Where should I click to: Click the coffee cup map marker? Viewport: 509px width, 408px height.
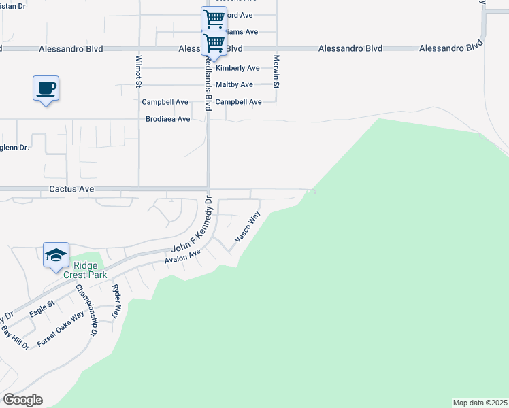click(46, 89)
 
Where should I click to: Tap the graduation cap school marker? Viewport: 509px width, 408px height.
click(56, 256)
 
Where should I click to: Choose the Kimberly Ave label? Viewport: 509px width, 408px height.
click(237, 68)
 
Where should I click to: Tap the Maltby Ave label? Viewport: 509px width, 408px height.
click(234, 84)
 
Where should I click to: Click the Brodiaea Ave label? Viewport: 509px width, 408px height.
click(168, 119)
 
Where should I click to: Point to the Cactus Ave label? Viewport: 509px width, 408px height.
click(71, 188)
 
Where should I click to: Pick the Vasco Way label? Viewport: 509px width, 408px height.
click(248, 227)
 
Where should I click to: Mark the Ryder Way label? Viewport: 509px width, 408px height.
click(116, 302)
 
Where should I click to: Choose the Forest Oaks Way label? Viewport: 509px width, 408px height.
click(61, 329)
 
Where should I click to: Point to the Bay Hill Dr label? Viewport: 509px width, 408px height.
click(15, 337)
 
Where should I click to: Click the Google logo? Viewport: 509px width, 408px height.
click(22, 399)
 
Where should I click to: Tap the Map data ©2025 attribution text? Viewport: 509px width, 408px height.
click(480, 403)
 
